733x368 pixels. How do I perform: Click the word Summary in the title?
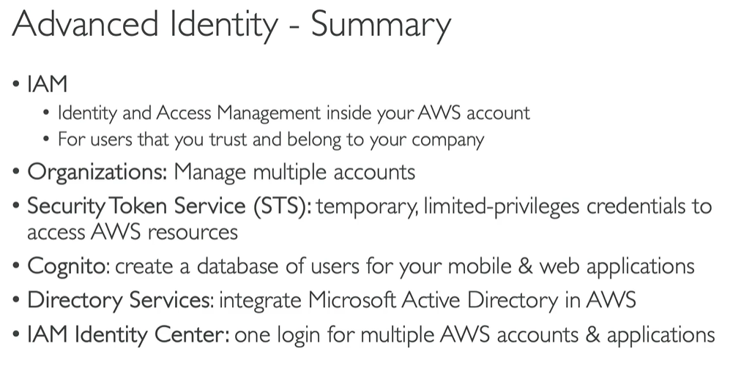pos(381,26)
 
